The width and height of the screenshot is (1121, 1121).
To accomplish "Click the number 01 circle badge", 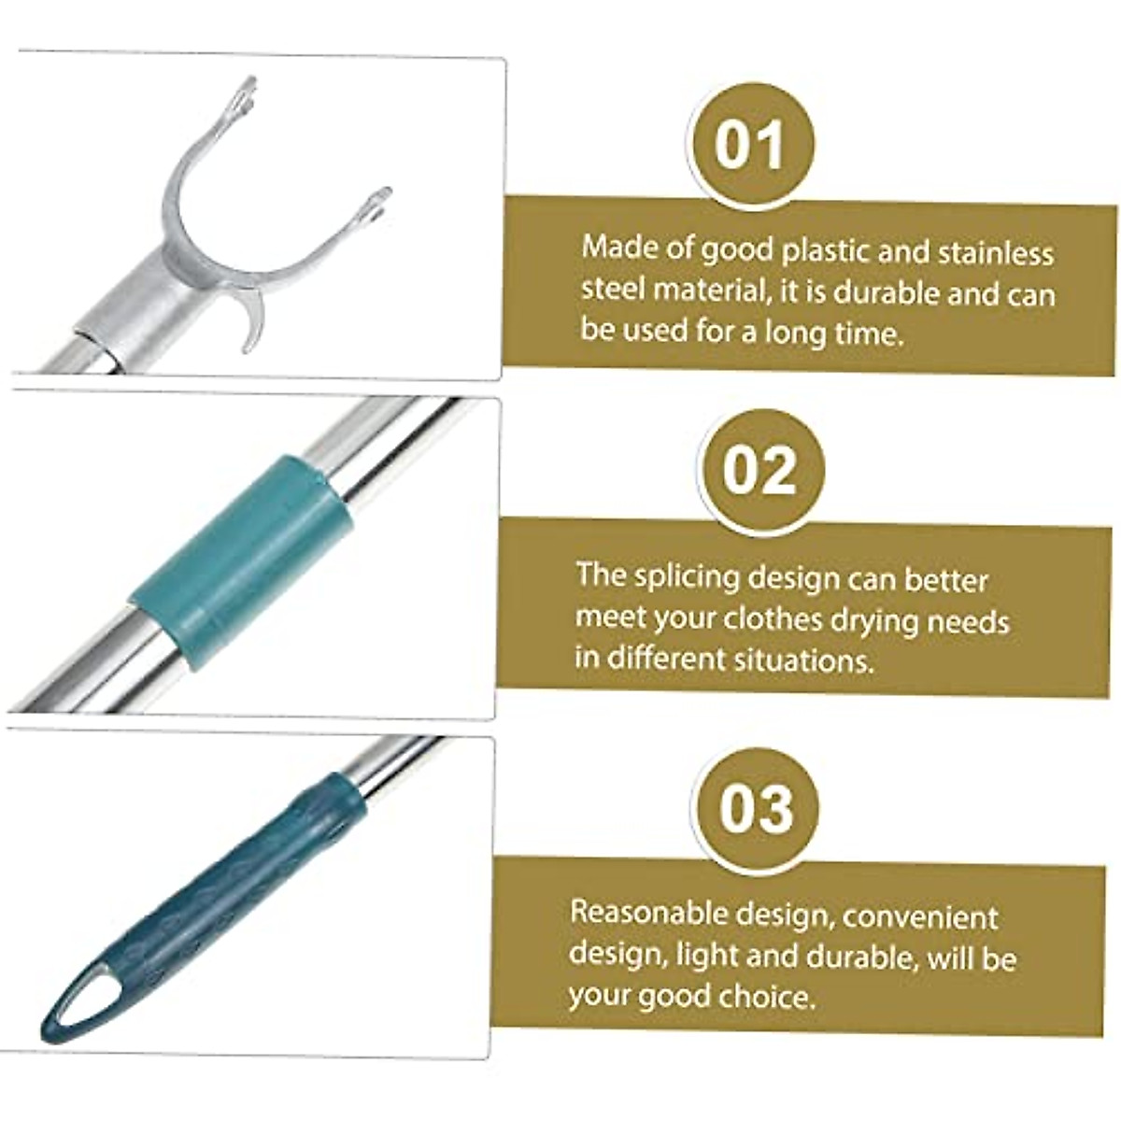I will [750, 147].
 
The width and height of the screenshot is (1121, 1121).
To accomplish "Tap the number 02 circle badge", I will [759, 471].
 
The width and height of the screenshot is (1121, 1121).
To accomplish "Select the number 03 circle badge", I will [756, 807].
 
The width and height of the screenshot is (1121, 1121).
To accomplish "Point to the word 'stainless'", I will [996, 253].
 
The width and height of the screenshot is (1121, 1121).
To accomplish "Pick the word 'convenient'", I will [920, 916].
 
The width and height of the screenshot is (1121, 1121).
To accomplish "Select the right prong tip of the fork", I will [377, 200].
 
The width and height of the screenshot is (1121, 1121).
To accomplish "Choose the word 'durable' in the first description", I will [887, 294].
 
